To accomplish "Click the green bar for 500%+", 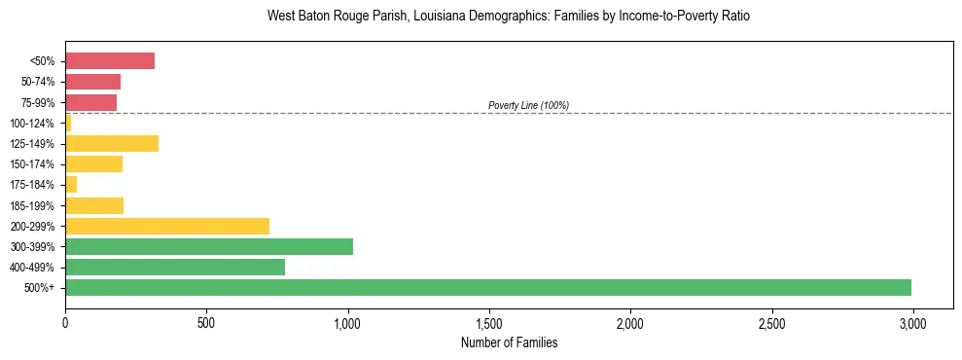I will coord(487,287).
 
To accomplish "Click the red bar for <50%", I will coord(110,61).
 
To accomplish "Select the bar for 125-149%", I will coord(111,144).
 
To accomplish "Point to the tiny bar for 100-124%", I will coord(68,124).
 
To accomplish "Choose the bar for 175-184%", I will coord(71,185).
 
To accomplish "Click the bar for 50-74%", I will coord(92,82).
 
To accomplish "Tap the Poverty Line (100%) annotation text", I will coord(528,105).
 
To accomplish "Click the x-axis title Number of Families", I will coord(509,342).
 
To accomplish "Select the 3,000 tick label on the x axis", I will coord(912,322).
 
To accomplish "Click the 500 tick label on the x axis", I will coord(206,322).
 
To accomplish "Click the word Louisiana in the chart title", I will coord(420,17).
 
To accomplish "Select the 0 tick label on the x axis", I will coord(65,322).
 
